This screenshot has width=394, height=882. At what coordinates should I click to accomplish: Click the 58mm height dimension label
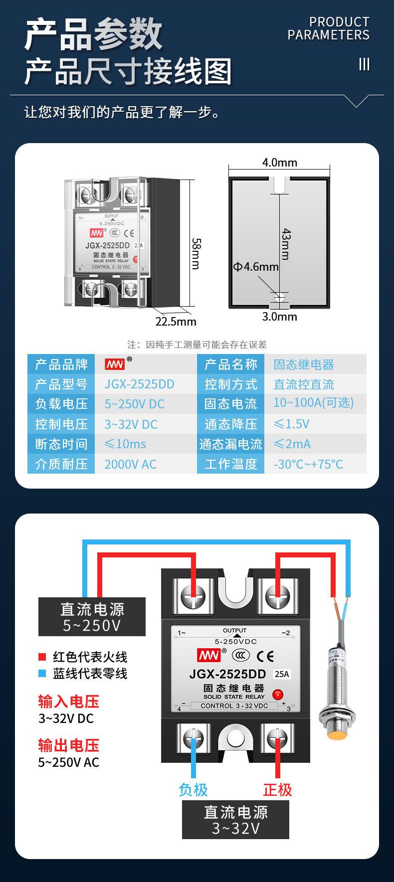point(196,253)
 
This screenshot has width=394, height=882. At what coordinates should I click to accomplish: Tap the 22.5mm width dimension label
point(176,322)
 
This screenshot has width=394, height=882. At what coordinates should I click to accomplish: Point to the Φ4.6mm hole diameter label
point(255,267)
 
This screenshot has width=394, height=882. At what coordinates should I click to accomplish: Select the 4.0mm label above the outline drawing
point(279,163)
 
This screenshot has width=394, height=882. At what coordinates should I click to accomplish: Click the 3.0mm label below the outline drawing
point(279,317)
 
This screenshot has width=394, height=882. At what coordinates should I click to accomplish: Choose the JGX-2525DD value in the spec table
point(139,384)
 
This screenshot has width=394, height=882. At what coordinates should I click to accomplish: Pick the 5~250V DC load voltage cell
point(134,404)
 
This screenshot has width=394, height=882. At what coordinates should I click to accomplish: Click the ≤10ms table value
point(125,444)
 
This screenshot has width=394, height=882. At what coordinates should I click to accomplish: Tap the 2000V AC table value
point(130,464)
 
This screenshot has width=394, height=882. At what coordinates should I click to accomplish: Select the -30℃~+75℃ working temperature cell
point(308,464)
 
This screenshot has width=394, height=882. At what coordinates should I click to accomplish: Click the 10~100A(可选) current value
point(313,403)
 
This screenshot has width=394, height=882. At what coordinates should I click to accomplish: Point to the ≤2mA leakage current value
point(292,444)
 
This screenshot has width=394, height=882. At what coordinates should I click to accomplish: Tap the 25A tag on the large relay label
point(282,674)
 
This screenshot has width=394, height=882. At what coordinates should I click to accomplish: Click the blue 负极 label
point(193,790)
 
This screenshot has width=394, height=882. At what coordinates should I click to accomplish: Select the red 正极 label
point(277,790)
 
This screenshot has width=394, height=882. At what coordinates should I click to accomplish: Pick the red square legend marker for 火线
point(42,657)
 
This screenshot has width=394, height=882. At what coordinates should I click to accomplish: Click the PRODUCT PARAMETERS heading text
point(329,28)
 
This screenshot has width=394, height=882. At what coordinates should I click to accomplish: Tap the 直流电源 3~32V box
point(235,820)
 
